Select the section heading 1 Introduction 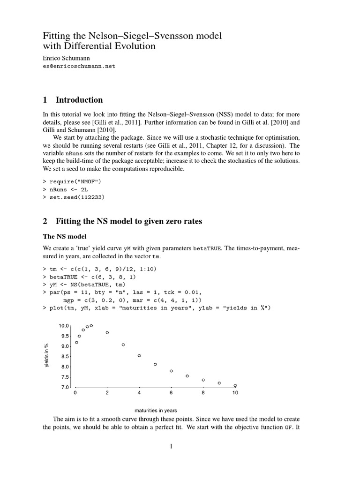point(73,100)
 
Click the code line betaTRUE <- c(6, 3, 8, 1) point(84,277)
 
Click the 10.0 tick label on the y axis point(64,325)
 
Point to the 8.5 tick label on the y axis point(65,356)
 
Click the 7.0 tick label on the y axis point(65,387)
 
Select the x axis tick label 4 point(139,393)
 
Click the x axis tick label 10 point(235,393)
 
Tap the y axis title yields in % point(47,356)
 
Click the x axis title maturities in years point(156,410)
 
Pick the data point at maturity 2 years point(107,333)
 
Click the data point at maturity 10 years point(235,385)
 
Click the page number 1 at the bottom point(172,446)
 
